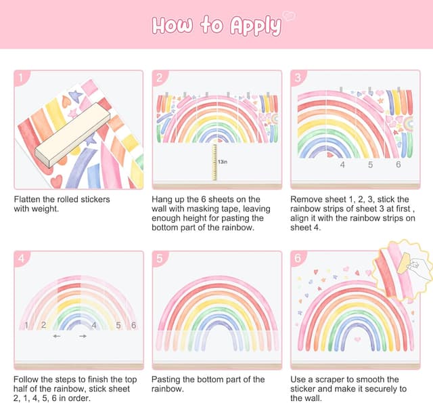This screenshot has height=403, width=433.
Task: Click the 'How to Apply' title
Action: (216, 26)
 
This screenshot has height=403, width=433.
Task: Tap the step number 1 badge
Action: (20, 78)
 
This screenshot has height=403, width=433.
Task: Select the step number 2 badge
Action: (159, 78)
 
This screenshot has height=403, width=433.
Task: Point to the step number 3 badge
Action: (298, 78)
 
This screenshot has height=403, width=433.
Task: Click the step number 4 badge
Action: (20, 258)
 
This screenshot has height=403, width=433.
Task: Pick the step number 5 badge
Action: (159, 258)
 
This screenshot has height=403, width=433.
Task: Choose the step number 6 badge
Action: (298, 258)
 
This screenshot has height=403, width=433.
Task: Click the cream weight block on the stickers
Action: (72, 135)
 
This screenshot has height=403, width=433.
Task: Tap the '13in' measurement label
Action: (223, 162)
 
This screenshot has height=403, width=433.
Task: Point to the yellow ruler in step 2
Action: (214, 163)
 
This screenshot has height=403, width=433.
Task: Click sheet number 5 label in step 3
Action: (370, 165)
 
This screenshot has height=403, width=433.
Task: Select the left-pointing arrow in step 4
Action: (57, 336)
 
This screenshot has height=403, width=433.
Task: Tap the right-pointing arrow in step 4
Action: (83, 336)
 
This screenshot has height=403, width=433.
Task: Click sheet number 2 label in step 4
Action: (43, 325)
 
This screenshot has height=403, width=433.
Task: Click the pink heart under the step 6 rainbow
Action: (357, 339)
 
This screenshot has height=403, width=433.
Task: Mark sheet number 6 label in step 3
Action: (398, 165)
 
